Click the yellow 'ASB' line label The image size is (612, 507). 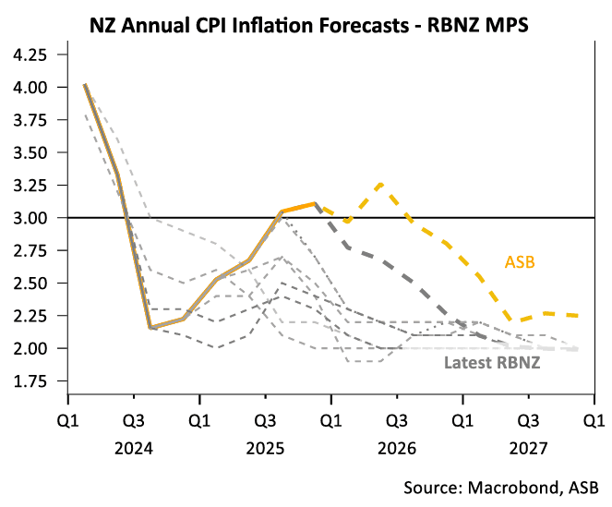click(520, 262)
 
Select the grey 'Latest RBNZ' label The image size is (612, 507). click(491, 362)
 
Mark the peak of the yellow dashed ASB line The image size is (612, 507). click(381, 183)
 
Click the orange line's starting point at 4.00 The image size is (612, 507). click(85, 86)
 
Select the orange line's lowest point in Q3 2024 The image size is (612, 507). click(150, 327)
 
